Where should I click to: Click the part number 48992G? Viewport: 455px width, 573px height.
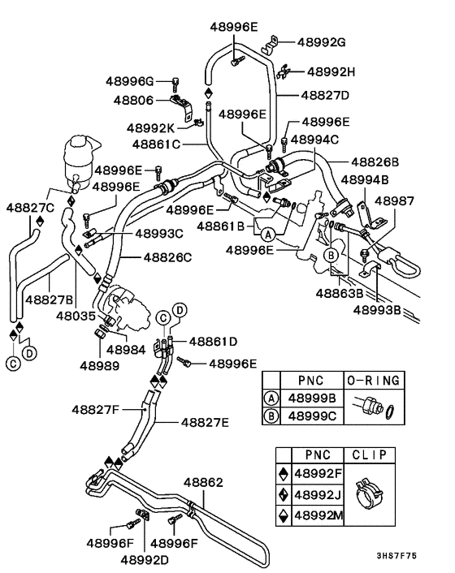pyautogui.click(x=323, y=42)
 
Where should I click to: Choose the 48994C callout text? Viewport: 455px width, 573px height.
pyautogui.click(x=323, y=140)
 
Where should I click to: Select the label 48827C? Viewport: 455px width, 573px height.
pyautogui.click(x=31, y=208)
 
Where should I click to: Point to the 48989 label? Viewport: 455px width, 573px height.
pyautogui.click(x=99, y=366)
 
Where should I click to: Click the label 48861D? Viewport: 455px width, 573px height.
pyautogui.click(x=213, y=342)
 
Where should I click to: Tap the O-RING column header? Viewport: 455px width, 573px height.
pyautogui.click(x=373, y=380)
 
